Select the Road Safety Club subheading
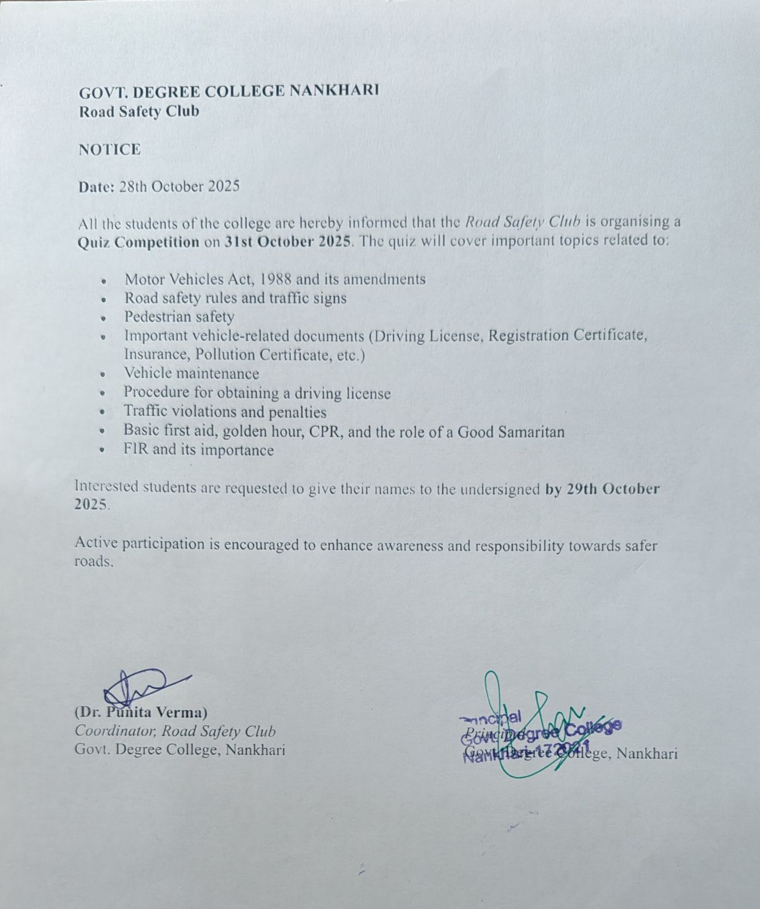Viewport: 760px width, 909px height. coord(139,111)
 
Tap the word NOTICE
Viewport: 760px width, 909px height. coord(110,149)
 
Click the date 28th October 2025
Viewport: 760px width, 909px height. coord(179,187)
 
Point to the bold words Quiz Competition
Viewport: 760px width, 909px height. coord(138,241)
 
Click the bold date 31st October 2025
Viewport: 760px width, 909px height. coord(289,241)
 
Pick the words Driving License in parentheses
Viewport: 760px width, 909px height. coord(428,336)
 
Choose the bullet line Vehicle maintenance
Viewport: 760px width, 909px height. coord(191,374)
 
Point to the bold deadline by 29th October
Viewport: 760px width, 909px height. coord(602,489)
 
